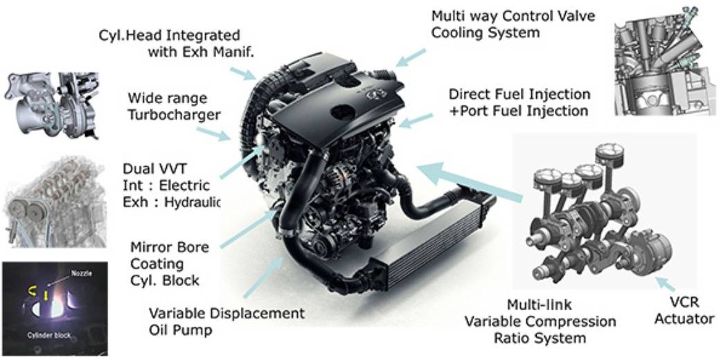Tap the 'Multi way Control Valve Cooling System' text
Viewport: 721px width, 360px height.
(x=513, y=24)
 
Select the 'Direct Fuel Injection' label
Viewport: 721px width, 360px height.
(x=519, y=94)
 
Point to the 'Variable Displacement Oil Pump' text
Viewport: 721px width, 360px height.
(x=226, y=322)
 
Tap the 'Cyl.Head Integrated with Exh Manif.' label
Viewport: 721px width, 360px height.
(x=177, y=43)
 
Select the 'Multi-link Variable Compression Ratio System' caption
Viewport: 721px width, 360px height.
(x=540, y=321)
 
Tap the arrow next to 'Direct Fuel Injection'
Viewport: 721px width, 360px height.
(x=416, y=120)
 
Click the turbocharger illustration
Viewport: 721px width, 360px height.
(x=50, y=106)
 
